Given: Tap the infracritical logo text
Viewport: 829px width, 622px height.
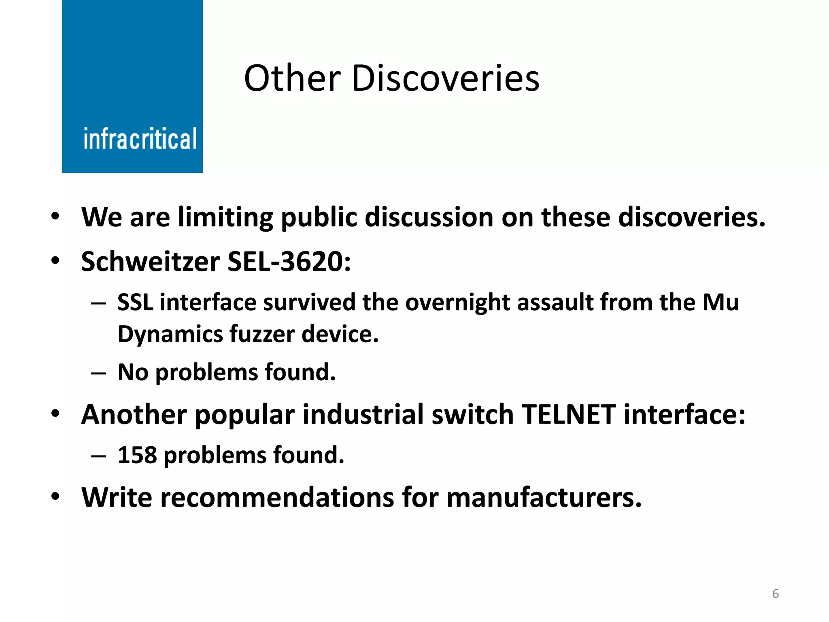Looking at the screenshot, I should click(140, 139).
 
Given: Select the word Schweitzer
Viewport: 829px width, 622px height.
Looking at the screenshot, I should click(150, 262).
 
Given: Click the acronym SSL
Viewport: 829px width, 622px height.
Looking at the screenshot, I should click(135, 302).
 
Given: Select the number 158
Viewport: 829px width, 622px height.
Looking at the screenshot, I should click(137, 455).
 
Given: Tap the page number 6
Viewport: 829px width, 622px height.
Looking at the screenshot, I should click(776, 594).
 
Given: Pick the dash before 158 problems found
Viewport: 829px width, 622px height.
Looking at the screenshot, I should click(98, 456).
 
